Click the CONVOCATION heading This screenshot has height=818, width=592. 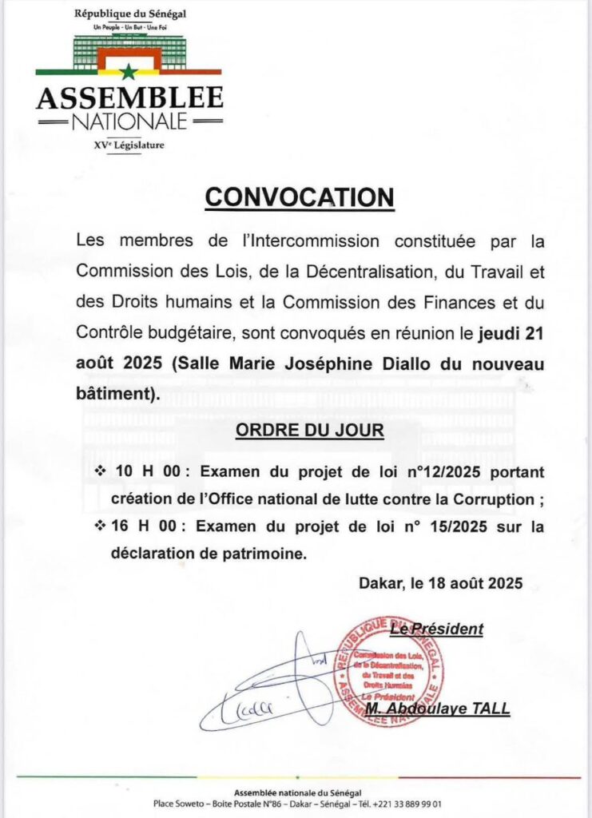[300, 197]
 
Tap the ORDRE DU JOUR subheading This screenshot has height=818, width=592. [309, 431]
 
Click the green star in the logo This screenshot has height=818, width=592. [128, 72]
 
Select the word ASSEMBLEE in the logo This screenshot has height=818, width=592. [129, 98]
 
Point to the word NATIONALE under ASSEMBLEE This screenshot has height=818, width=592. [129, 122]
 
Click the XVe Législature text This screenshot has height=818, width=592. [129, 145]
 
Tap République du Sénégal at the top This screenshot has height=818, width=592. [129, 14]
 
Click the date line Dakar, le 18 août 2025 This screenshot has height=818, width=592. [440, 583]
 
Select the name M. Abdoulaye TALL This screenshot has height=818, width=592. [437, 709]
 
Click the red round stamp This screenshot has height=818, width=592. [388, 671]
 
